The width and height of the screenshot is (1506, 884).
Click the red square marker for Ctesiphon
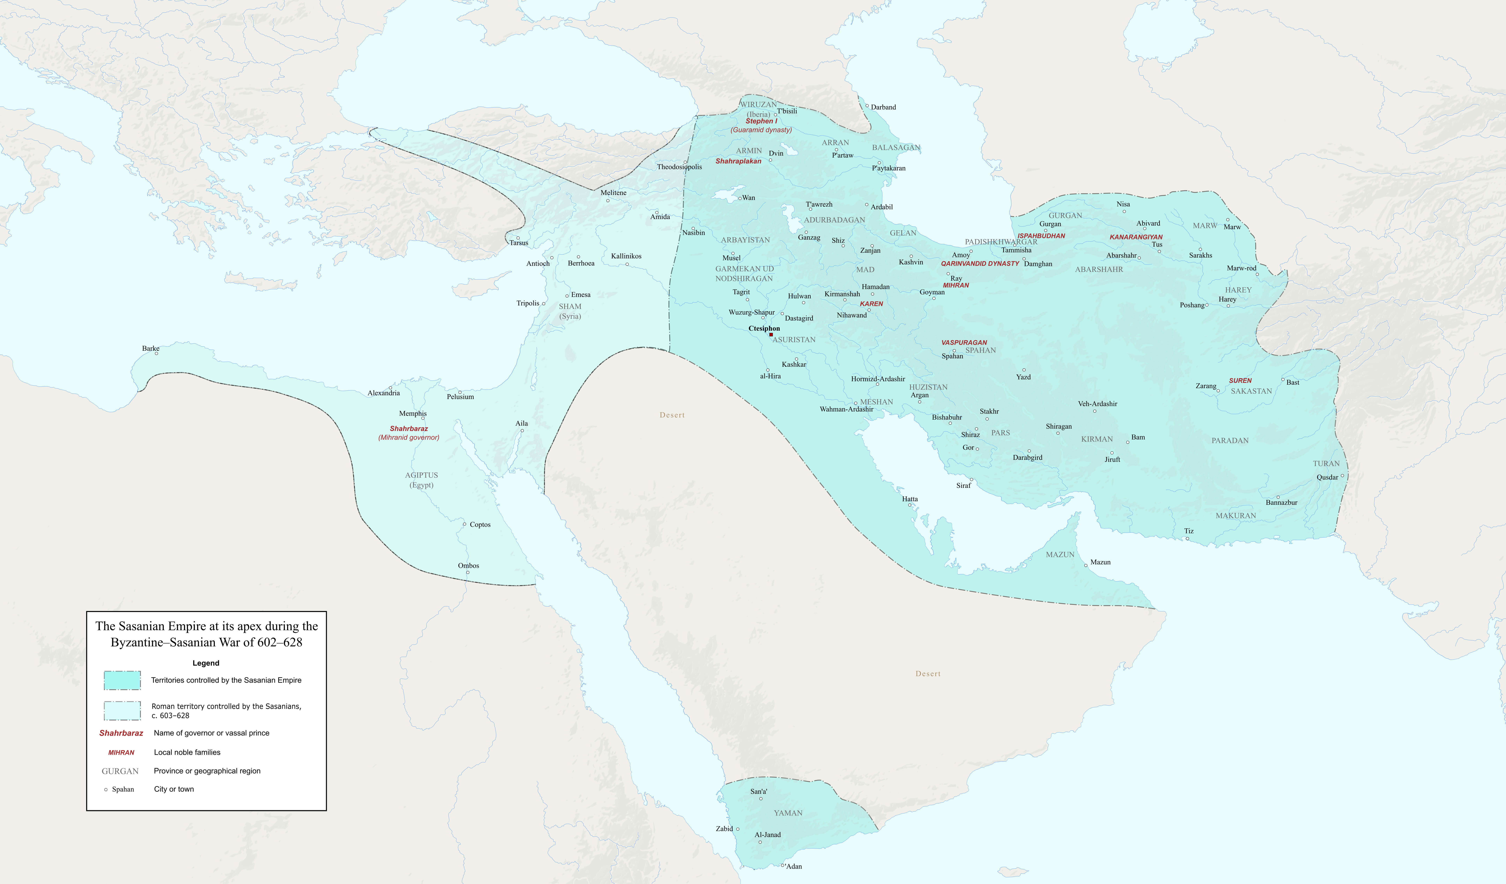[x=771, y=335]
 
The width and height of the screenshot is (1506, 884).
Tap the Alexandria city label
[x=384, y=393]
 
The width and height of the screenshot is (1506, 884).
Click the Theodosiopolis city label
[x=679, y=167]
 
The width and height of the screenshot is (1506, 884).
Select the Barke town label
[x=151, y=348]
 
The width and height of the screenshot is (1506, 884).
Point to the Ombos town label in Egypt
[x=468, y=565]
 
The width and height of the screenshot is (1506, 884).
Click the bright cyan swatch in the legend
[x=123, y=680]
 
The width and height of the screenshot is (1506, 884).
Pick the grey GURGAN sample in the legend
[x=120, y=771]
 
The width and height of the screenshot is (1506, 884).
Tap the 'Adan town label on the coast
[x=794, y=866]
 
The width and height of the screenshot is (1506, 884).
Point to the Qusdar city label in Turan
[x=1327, y=477]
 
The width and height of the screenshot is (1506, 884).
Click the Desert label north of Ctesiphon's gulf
[x=672, y=415]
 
